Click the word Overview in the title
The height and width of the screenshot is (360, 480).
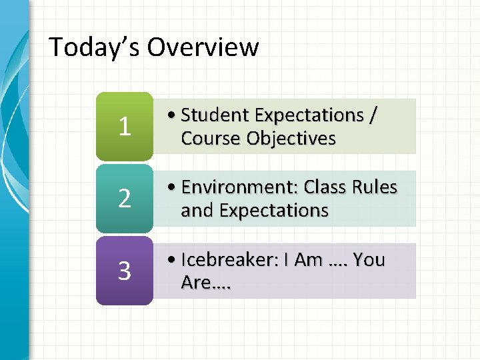coord(203,47)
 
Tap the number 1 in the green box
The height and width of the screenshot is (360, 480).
coord(124,127)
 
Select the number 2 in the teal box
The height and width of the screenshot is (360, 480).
coord(124,199)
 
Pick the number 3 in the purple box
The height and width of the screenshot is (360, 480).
coord(124,271)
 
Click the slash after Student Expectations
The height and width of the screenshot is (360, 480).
coord(372,115)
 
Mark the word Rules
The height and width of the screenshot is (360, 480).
coord(377,187)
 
